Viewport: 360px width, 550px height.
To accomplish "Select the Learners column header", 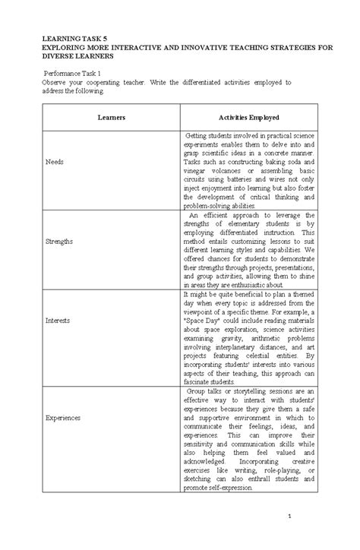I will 111,118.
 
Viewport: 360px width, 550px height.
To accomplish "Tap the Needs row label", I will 55,162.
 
